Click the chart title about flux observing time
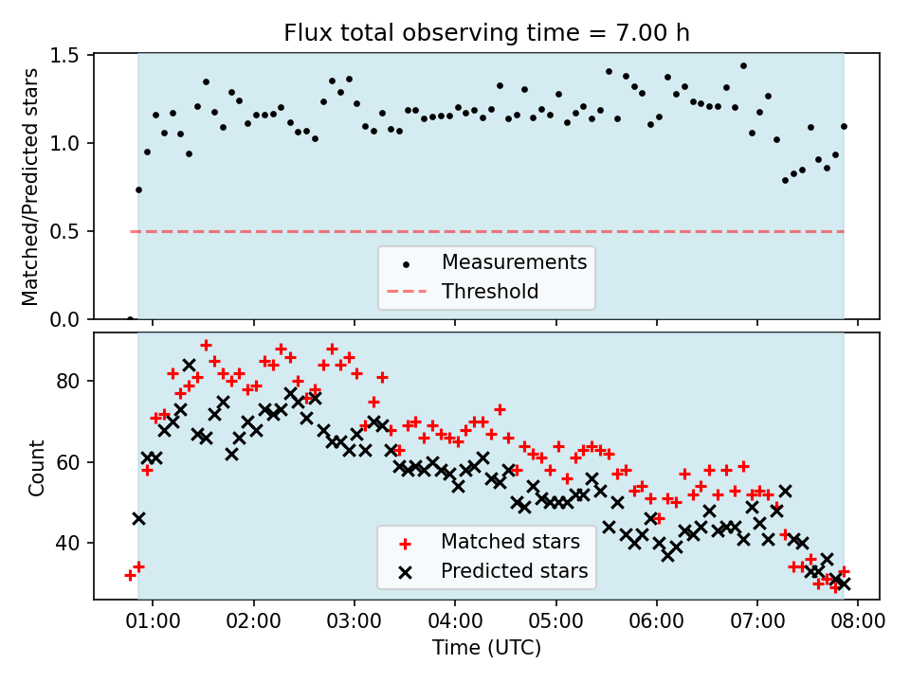tap(486, 33)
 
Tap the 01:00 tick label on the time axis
tap(153, 622)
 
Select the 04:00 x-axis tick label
tap(455, 622)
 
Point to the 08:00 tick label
tap(858, 622)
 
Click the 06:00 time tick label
tap(656, 622)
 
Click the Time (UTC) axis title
tap(486, 649)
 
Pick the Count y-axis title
tap(37, 467)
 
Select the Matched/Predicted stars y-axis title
tap(31, 187)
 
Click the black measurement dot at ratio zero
tap(130, 318)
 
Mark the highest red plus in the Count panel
tap(206, 346)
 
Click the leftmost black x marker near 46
tap(138, 518)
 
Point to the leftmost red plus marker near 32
tap(130, 575)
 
